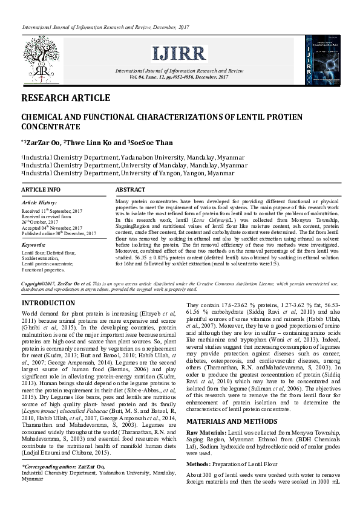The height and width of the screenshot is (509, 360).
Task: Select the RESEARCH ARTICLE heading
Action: (65, 98)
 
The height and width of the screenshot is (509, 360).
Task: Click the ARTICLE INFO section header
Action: (41, 190)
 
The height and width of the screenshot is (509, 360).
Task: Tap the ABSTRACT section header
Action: (130, 190)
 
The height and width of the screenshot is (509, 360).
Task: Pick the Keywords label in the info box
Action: (33, 245)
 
